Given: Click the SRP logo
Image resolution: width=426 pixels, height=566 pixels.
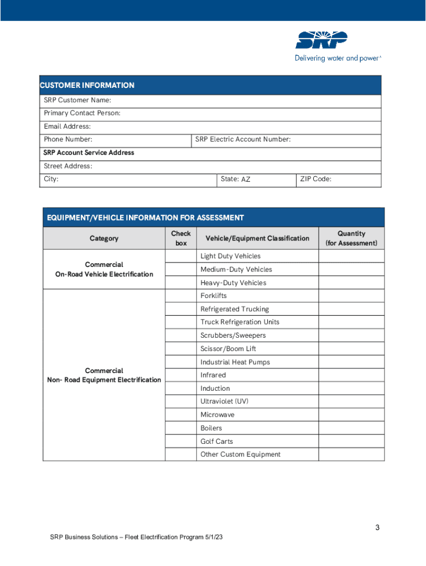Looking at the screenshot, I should [x=321, y=40].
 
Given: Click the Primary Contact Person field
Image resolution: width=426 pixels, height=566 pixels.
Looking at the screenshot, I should [x=249, y=113].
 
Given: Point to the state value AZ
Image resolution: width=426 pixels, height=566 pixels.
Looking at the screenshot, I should [x=246, y=180].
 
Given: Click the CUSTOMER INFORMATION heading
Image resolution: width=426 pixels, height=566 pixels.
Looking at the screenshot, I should [x=87, y=85].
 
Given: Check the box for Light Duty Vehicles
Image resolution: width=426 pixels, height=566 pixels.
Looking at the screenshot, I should [x=180, y=256].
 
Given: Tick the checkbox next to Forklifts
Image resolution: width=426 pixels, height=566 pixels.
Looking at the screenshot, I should [x=180, y=296].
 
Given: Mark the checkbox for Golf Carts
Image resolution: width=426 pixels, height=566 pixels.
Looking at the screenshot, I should [x=180, y=441].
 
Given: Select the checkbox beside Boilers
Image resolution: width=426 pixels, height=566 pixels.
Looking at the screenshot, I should [x=180, y=428].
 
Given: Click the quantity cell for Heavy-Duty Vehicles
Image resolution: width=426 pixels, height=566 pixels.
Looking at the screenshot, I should [x=351, y=283].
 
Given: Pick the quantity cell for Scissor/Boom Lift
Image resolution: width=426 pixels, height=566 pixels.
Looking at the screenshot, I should [x=351, y=349].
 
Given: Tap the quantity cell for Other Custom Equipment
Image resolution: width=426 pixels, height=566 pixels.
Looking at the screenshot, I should [x=351, y=454].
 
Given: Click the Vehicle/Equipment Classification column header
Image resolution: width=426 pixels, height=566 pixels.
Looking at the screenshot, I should [x=257, y=238].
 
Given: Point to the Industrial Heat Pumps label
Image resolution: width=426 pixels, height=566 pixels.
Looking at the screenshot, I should [x=235, y=362].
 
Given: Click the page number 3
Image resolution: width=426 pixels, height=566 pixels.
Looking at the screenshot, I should [x=377, y=527].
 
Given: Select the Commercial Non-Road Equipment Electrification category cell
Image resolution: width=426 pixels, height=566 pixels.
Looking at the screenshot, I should [x=104, y=375].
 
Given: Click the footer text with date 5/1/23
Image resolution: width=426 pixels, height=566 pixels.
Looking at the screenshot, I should [x=136, y=537].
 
